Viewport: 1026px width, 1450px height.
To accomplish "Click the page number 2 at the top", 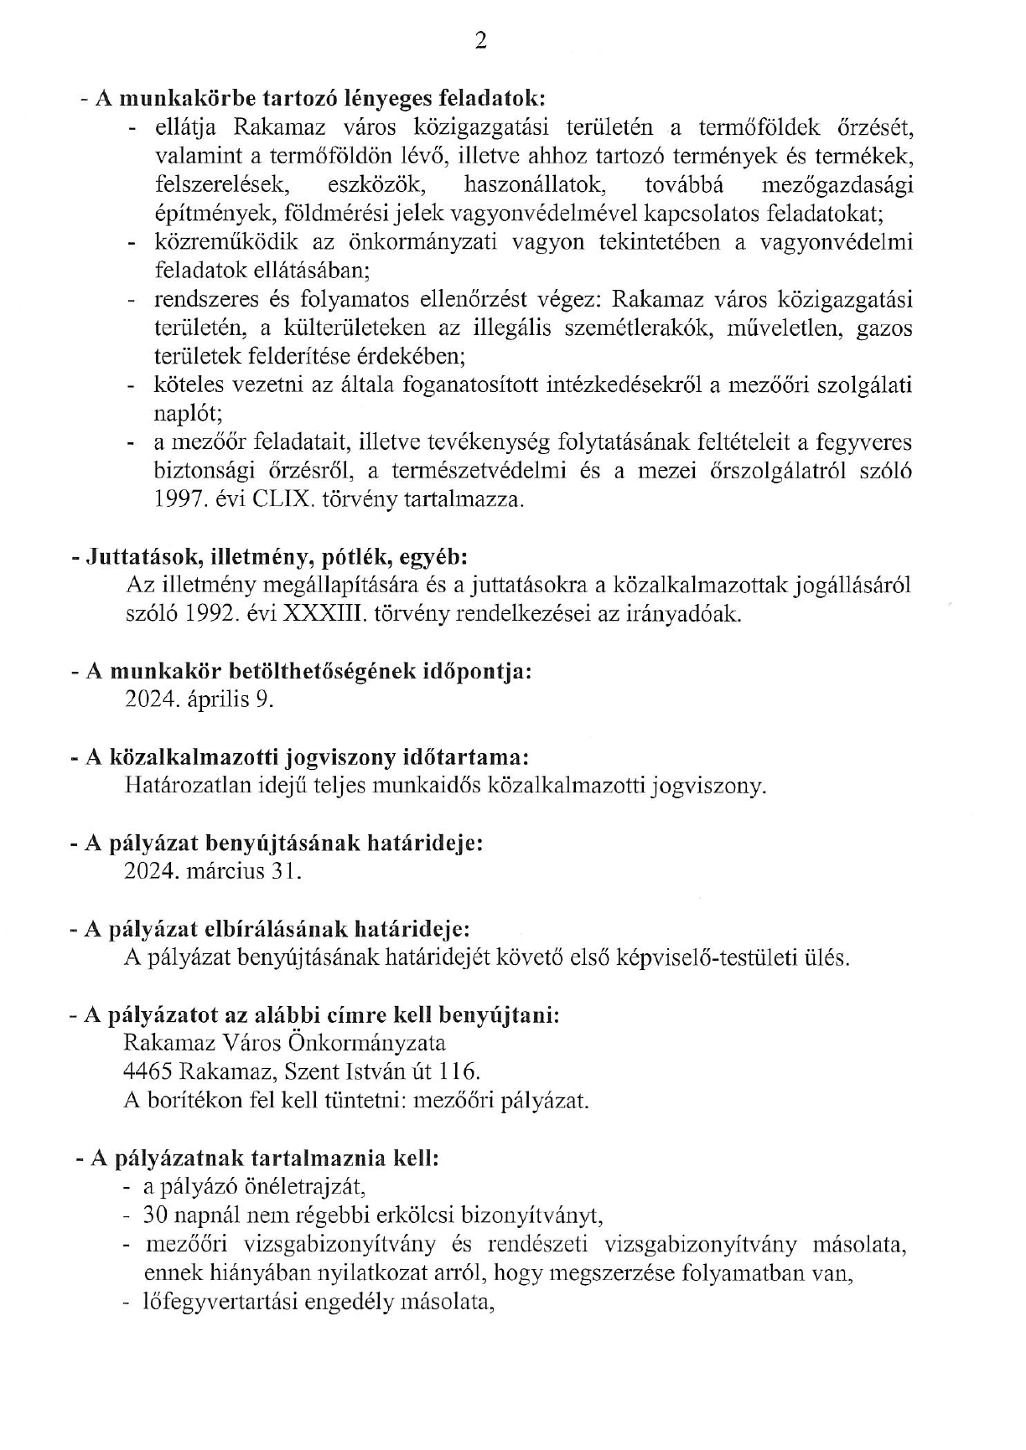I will [480, 42].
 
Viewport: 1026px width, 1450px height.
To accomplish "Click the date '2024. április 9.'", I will [199, 699].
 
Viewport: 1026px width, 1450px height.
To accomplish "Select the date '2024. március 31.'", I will [212, 871].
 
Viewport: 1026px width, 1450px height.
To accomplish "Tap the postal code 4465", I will [148, 1071].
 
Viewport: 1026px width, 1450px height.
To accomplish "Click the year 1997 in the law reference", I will [178, 501].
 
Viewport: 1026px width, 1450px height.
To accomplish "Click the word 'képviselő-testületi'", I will [702, 957].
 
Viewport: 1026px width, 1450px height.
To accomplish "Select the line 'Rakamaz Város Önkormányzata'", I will [284, 1043].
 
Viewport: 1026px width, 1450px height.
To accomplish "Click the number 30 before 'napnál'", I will [154, 1215].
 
